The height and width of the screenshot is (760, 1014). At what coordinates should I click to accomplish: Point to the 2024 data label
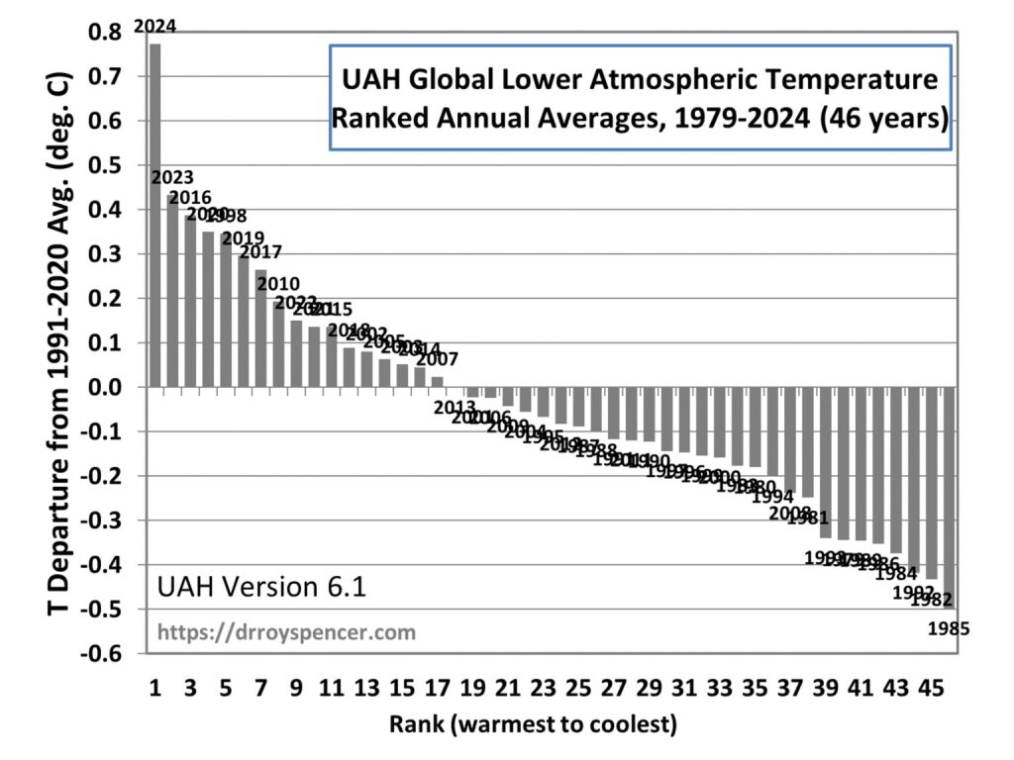[x=155, y=27]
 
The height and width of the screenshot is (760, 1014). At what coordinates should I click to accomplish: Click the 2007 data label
[x=437, y=359]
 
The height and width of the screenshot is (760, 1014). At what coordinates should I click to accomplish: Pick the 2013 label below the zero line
[x=455, y=406]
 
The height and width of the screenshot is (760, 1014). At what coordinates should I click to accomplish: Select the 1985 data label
[x=948, y=627]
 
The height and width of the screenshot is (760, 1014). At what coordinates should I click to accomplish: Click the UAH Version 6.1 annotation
[x=262, y=588]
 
